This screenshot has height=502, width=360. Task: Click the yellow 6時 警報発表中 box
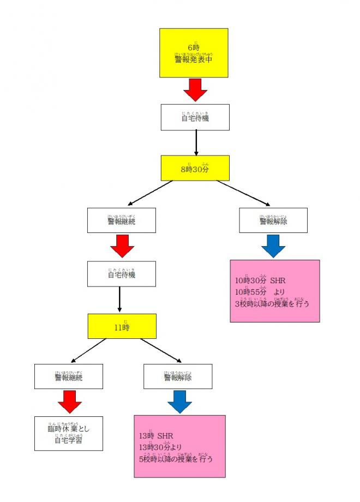pyautogui.click(x=195, y=52)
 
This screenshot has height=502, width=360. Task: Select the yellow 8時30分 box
pyautogui.click(x=195, y=168)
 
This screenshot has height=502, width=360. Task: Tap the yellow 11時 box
pyautogui.click(x=122, y=326)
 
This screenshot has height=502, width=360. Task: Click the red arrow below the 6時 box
pyautogui.click(x=195, y=89)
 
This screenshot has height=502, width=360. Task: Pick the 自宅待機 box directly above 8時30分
pyautogui.click(x=195, y=117)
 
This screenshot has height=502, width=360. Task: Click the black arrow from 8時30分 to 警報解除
pyautogui.click(x=243, y=193)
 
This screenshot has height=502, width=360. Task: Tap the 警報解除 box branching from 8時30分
pyautogui.click(x=273, y=221)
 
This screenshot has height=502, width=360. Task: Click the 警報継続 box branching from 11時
pyautogui.click(x=69, y=376)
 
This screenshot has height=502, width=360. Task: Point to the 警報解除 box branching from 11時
pyautogui.click(x=178, y=376)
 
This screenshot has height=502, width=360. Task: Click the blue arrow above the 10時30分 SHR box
pyautogui.click(x=273, y=246)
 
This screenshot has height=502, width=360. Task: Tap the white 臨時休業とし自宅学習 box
pyautogui.click(x=69, y=433)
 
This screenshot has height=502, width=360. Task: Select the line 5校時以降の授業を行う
pyautogui.click(x=176, y=459)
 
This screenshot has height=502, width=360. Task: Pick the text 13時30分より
pyautogui.click(x=158, y=447)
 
